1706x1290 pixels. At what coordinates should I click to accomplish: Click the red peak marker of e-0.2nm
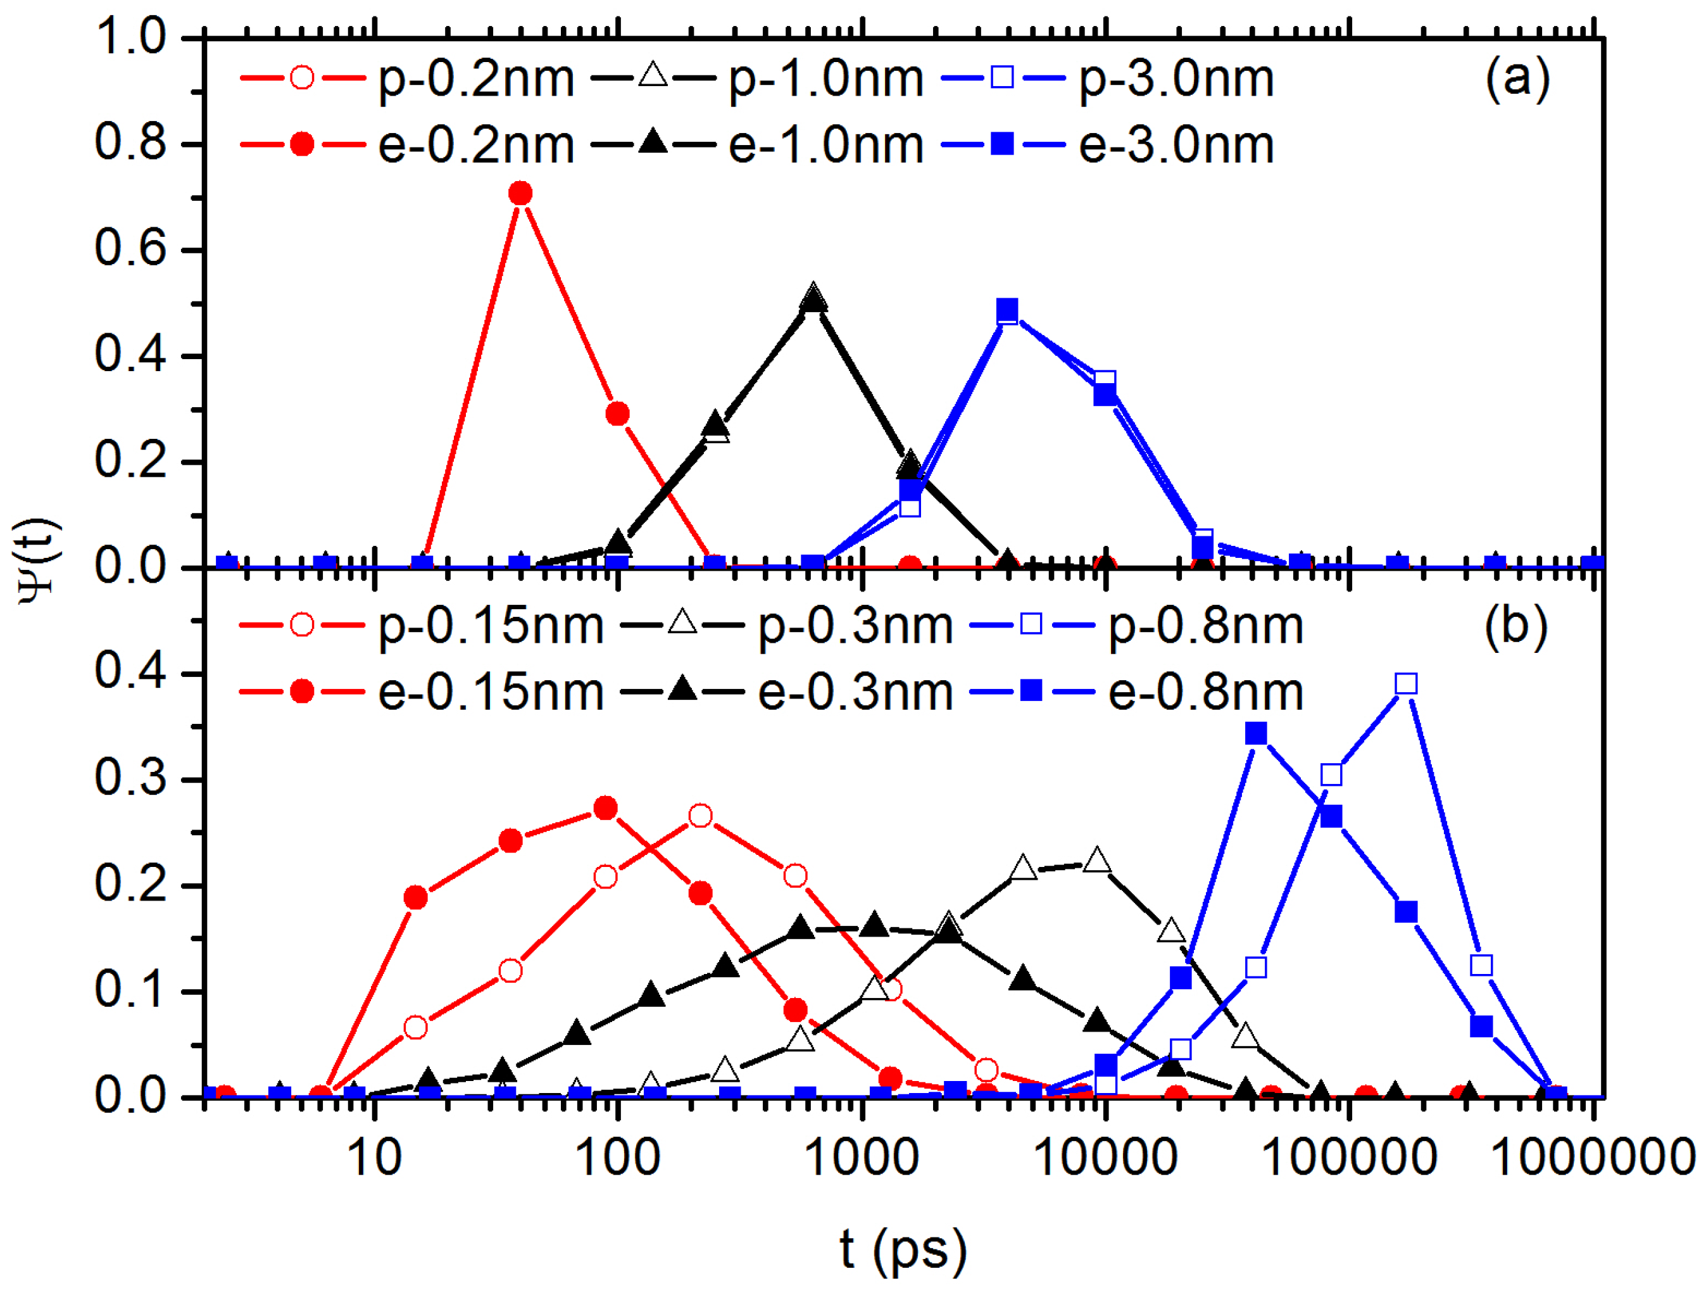click(x=520, y=193)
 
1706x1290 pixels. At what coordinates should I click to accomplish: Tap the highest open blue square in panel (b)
click(x=1406, y=683)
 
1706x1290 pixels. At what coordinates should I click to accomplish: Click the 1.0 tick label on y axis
click(x=130, y=36)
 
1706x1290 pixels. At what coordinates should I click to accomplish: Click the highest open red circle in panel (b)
click(x=700, y=816)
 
